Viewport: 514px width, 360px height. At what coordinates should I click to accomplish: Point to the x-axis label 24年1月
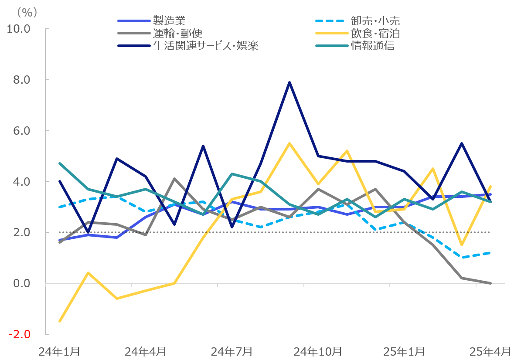[x=59, y=351]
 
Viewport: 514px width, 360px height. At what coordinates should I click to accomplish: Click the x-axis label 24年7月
[x=231, y=351]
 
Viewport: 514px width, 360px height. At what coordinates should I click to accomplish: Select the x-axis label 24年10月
[x=318, y=351]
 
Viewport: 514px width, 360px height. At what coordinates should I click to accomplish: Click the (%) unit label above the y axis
[x=27, y=12]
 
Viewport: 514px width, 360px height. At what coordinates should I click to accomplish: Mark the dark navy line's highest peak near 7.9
[x=289, y=82]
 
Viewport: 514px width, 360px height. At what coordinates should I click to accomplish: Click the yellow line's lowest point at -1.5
[x=60, y=321]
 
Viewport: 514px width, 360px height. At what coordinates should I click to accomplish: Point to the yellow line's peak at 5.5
[x=289, y=143]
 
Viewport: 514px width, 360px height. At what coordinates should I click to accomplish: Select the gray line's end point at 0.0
[x=490, y=283]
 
